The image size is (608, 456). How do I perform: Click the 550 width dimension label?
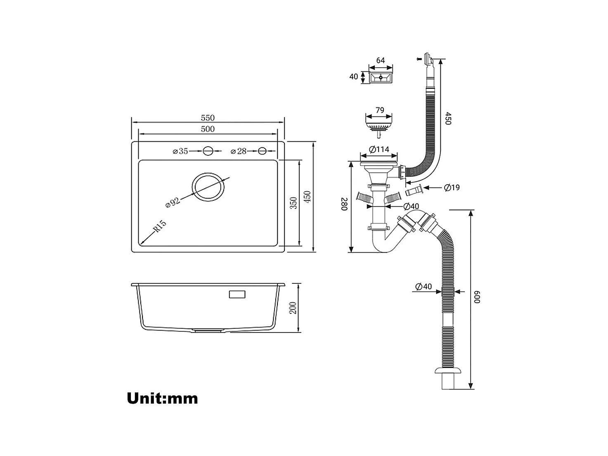click(x=208, y=118)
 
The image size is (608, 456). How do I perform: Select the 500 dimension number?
click(x=208, y=129)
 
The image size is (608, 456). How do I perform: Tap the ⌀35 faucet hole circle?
click(x=208, y=151)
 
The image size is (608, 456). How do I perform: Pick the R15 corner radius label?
click(x=159, y=227)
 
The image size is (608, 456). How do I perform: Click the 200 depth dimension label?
click(x=293, y=308)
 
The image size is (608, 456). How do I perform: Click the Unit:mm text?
click(x=162, y=399)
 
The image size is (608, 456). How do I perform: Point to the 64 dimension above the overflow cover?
click(x=380, y=61)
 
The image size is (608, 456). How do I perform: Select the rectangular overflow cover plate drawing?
click(x=381, y=77)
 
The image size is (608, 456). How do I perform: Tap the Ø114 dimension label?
click(x=379, y=149)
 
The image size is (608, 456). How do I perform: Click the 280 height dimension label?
click(x=344, y=204)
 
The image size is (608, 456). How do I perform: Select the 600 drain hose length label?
click(x=478, y=297)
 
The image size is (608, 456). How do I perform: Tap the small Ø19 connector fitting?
click(x=413, y=191)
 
